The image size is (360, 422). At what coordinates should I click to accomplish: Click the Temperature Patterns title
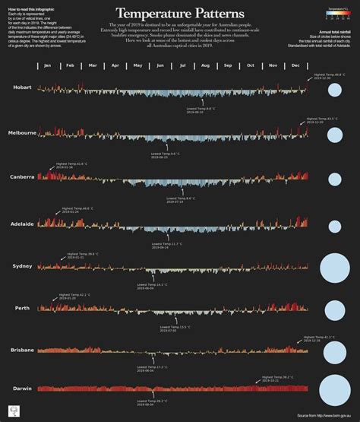[x=180, y=13]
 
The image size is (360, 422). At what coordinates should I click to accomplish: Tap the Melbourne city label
[x=22, y=133]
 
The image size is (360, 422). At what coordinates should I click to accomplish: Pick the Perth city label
[x=22, y=307]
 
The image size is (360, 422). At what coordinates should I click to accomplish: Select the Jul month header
[x=182, y=66]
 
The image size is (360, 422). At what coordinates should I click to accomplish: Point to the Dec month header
[x=295, y=66]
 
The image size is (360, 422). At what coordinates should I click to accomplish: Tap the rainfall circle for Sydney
[x=333, y=268]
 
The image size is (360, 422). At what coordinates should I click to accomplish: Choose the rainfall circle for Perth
[x=333, y=309]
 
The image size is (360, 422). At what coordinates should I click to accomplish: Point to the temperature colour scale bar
[x=333, y=13]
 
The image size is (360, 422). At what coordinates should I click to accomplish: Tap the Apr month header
[x=115, y=66]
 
